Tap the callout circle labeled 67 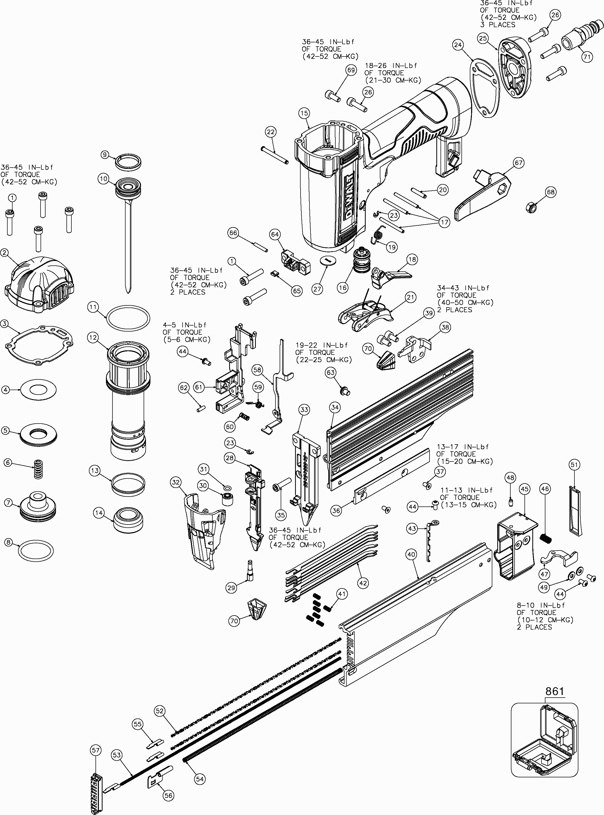click(x=518, y=163)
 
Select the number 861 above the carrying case click(x=555, y=691)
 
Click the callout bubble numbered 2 click(x=4, y=253)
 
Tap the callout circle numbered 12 click(x=93, y=337)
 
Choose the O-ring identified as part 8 click(x=36, y=551)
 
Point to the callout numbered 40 click(x=411, y=554)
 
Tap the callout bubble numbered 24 click(x=458, y=45)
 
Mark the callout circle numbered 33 click(x=304, y=410)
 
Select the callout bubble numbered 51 click(x=574, y=465)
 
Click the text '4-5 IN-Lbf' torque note click(x=185, y=324)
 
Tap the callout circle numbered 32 click(x=176, y=482)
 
